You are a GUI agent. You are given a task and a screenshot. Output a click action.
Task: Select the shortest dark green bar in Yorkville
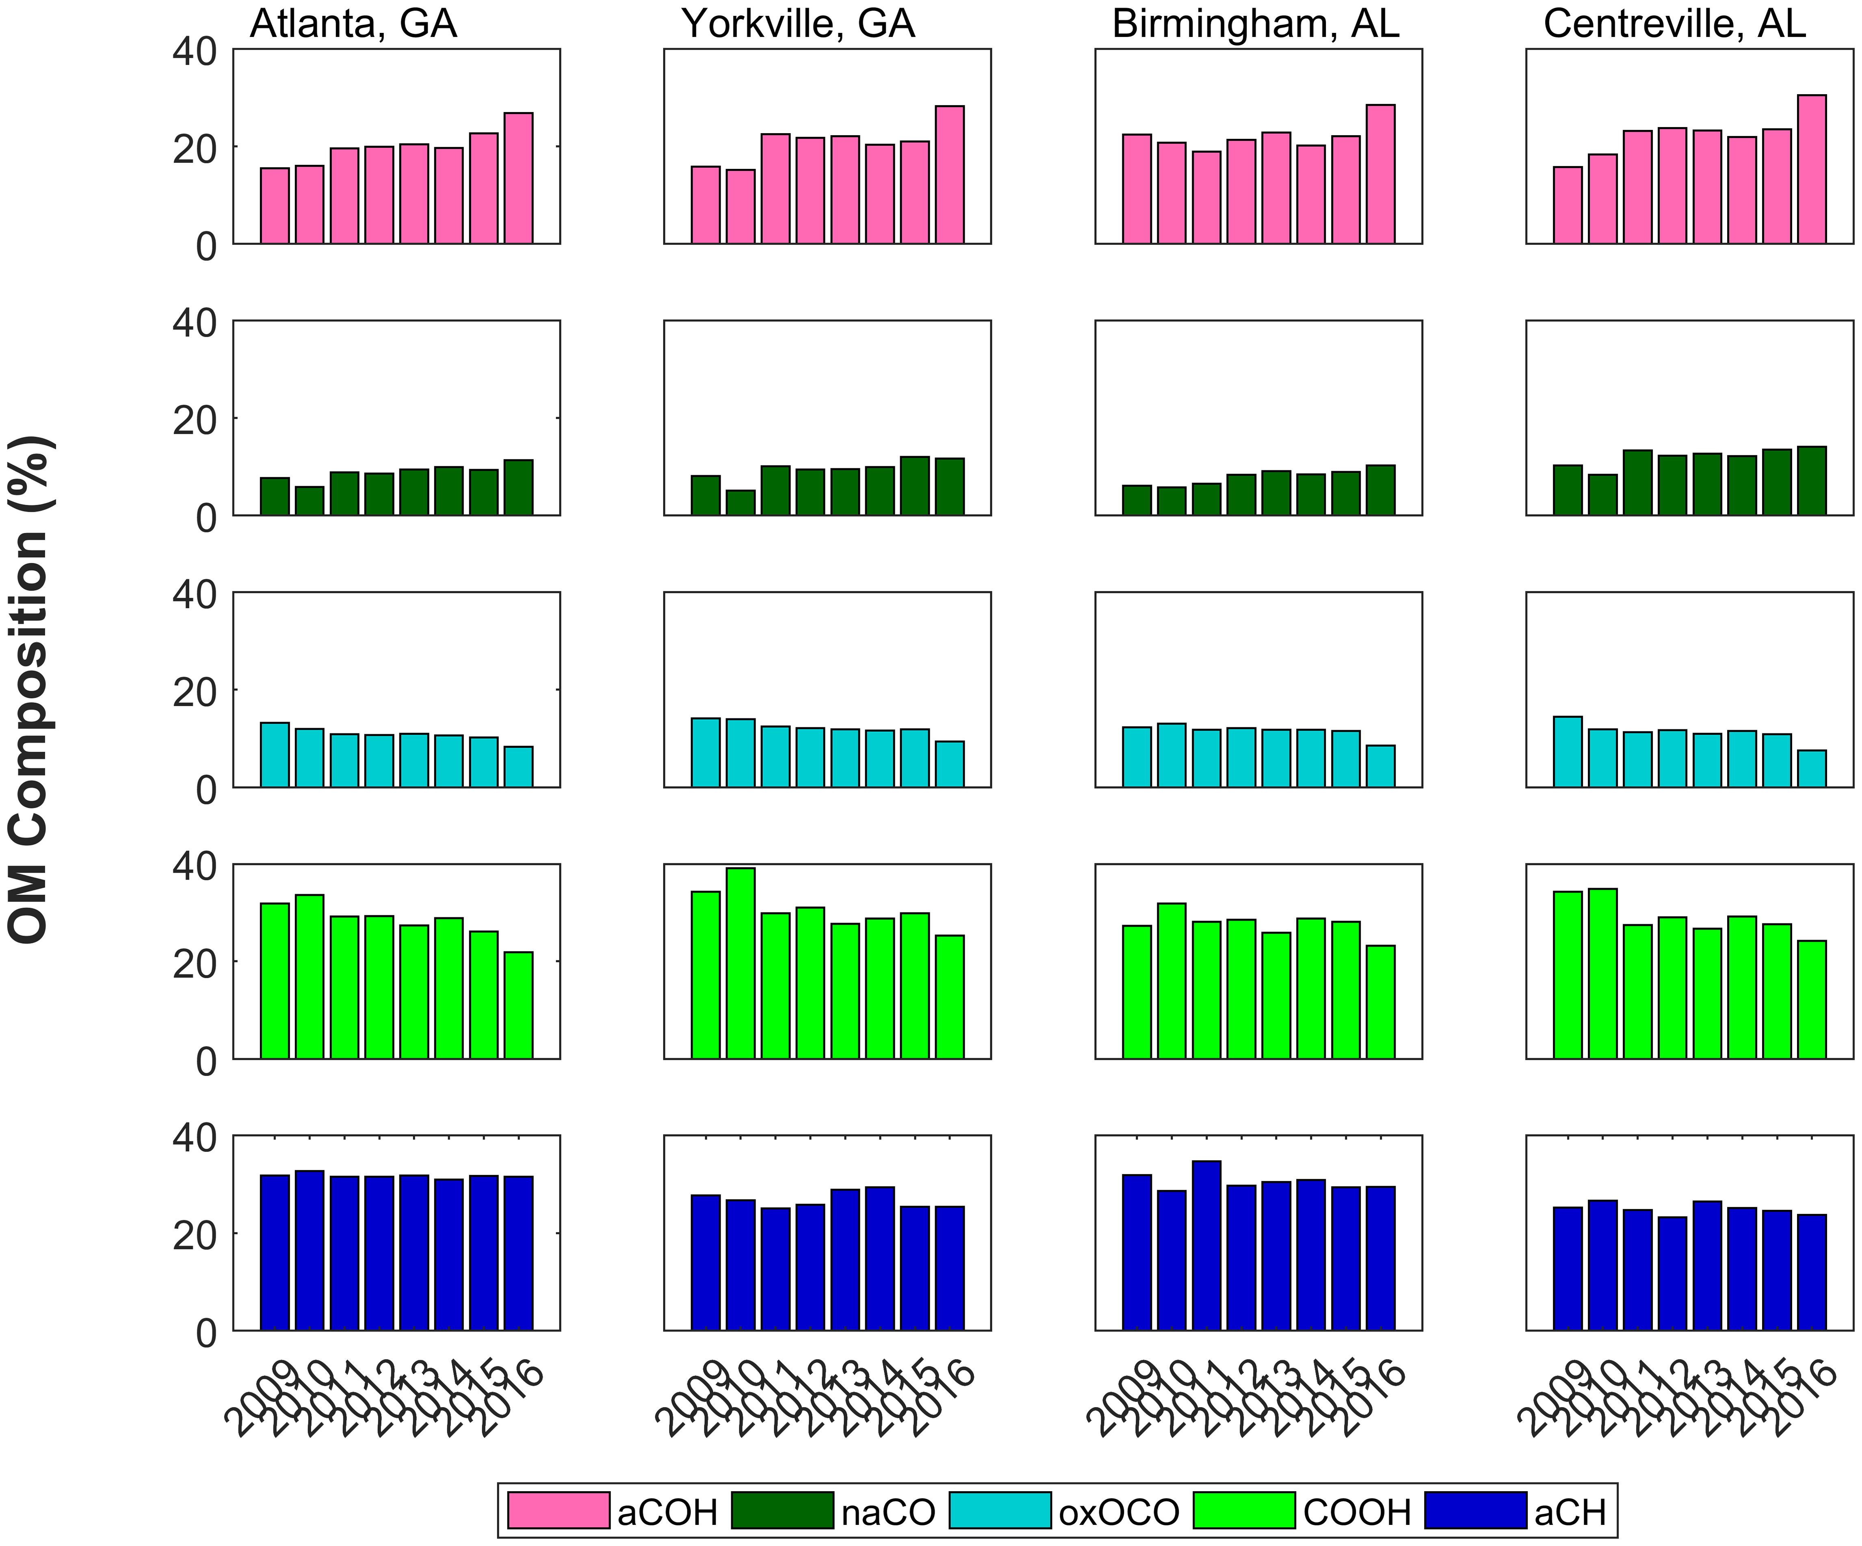tap(740, 503)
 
